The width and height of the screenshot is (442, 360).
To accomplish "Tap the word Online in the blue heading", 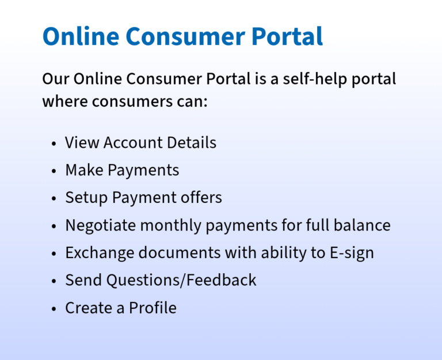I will pos(80,37).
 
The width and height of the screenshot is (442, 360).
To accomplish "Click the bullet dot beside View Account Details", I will pos(54,143).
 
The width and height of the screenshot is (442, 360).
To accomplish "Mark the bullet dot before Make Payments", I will pos(54,171).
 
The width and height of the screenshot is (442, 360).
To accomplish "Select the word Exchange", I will pos(100,253).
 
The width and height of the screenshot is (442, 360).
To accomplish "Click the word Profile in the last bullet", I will pos(153,308).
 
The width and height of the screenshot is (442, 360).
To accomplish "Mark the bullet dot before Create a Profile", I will pos(54,309).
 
